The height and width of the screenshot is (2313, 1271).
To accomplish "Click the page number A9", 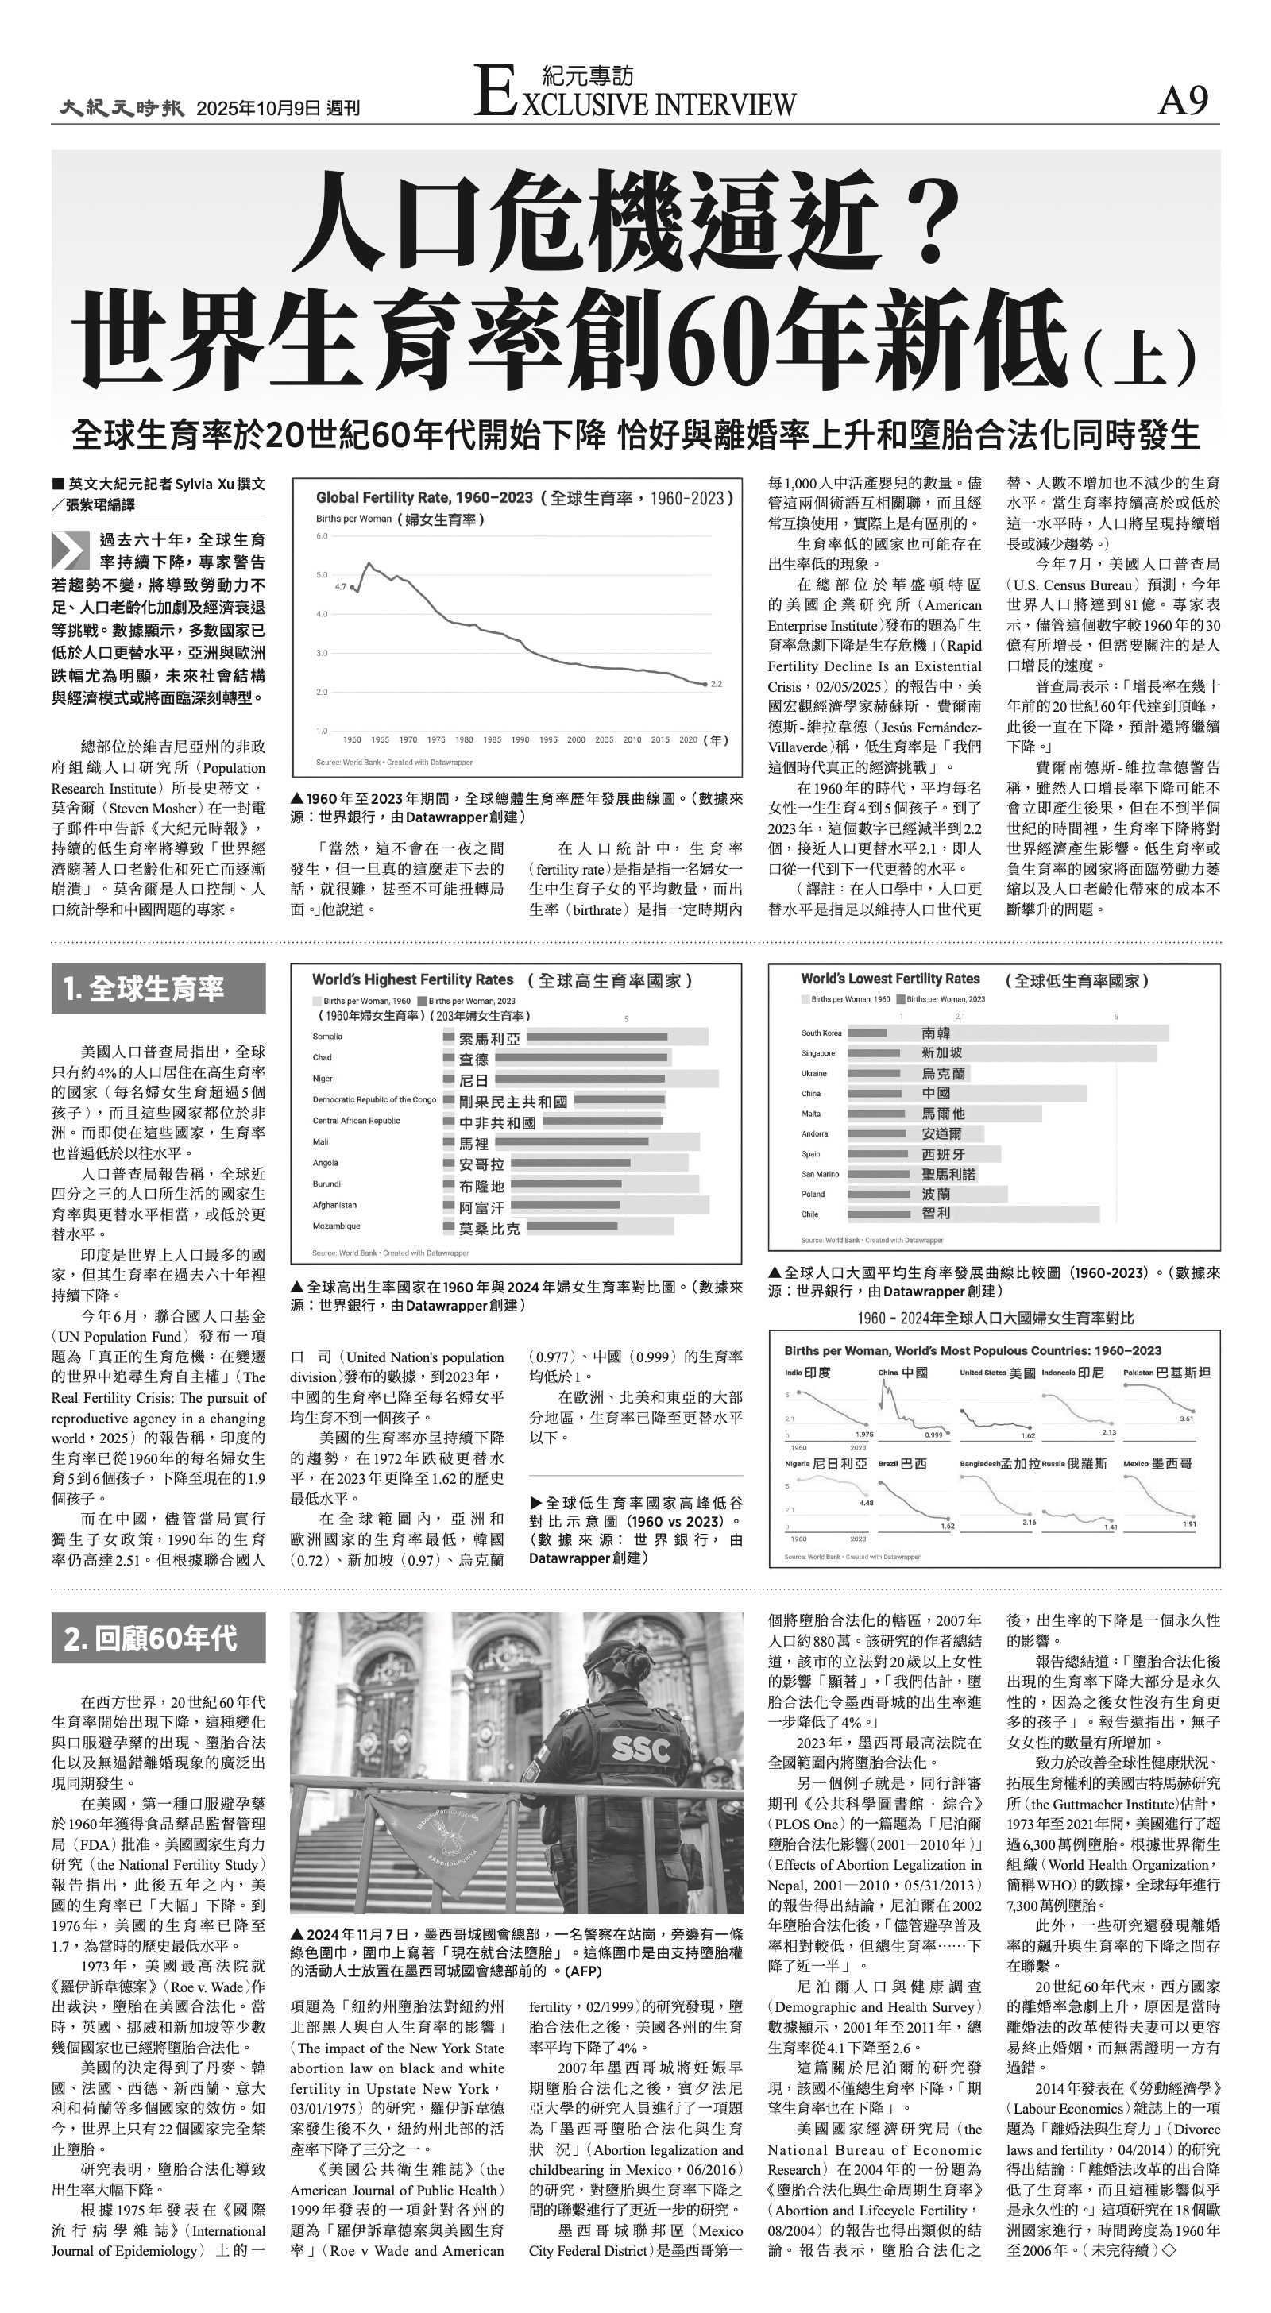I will [x=1184, y=101].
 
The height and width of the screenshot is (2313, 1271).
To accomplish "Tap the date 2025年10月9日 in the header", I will [x=259, y=109].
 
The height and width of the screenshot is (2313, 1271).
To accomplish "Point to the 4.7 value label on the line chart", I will [x=341, y=586].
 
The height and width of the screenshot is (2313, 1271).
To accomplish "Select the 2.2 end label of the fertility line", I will [x=716, y=684].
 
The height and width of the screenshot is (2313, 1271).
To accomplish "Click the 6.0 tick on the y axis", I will [x=322, y=536].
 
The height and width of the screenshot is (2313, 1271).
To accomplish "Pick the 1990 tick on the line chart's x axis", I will [x=520, y=739].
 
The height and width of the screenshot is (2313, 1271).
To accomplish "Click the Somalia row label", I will [x=328, y=1037].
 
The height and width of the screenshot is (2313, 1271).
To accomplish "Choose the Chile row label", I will [x=810, y=1214].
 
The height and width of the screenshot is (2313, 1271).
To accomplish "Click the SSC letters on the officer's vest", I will [x=640, y=1747].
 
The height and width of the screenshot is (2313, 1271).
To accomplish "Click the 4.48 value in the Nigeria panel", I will [x=866, y=1502].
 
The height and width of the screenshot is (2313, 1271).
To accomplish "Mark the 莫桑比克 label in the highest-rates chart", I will [x=489, y=1228].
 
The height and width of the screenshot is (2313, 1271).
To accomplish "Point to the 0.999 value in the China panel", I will [x=934, y=1435].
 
